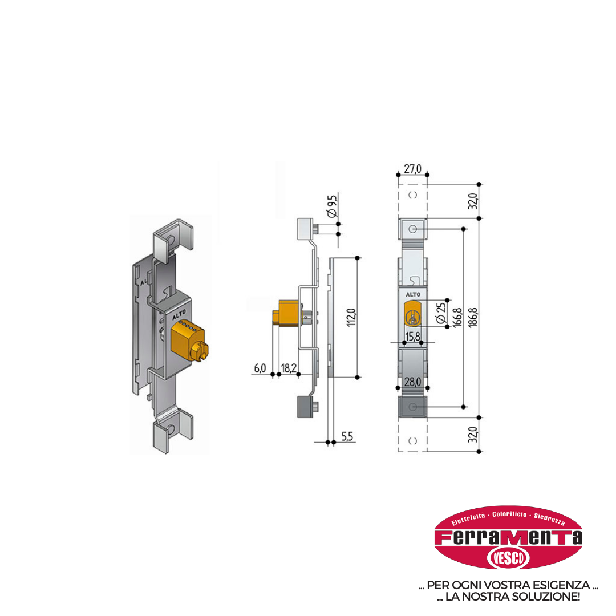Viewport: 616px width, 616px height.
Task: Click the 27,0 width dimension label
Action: pyautogui.click(x=412, y=168)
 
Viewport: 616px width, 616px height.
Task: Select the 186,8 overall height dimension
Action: pyautogui.click(x=473, y=318)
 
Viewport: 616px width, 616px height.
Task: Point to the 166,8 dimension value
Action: pyautogui.click(x=457, y=318)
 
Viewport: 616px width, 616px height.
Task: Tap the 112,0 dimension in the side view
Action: pyautogui.click(x=351, y=318)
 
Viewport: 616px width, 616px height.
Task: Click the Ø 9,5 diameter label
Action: pyautogui.click(x=333, y=206)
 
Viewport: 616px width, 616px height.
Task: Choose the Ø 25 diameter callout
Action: pyautogui.click(x=441, y=313)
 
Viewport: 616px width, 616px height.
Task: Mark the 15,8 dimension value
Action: pyautogui.click(x=412, y=337)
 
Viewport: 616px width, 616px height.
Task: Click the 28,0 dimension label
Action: pyautogui.click(x=412, y=382)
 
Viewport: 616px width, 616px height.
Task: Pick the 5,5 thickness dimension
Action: pyautogui.click(x=347, y=436)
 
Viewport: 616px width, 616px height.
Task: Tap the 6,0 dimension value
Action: pyautogui.click(x=260, y=368)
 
